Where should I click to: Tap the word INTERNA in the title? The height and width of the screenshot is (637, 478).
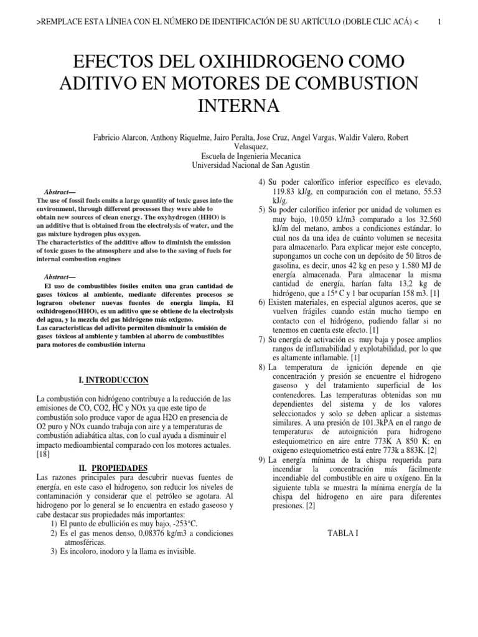point(239,106)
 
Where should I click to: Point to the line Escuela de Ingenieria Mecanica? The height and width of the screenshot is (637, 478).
point(239,156)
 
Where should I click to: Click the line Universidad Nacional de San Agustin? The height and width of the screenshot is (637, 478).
point(239,165)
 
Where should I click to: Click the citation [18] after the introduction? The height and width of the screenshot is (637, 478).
point(44,455)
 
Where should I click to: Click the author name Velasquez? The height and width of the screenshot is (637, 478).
point(239,147)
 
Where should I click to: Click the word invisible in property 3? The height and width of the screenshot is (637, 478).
point(179,551)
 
